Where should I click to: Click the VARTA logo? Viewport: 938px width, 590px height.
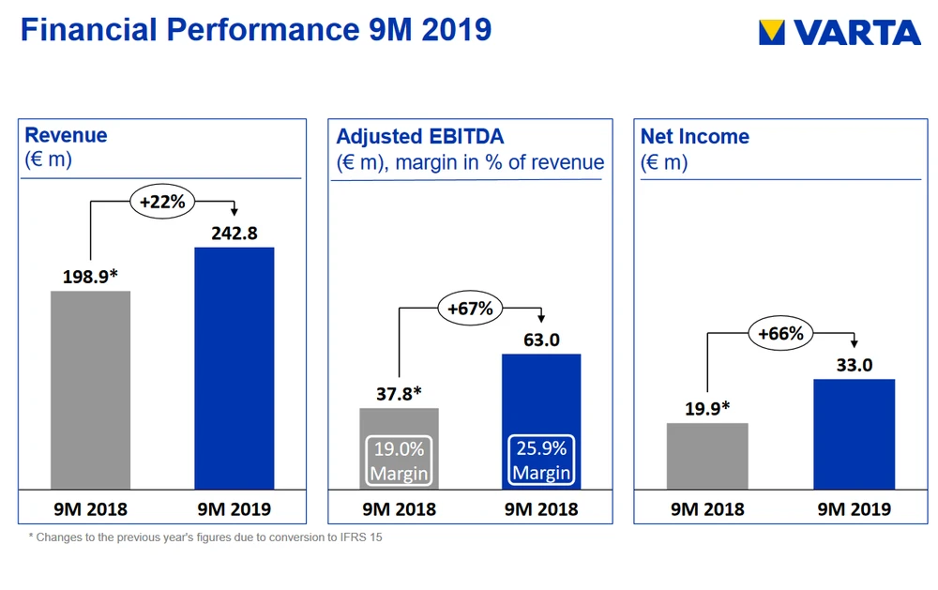tap(840, 33)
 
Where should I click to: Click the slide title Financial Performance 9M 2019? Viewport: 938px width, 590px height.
tap(255, 29)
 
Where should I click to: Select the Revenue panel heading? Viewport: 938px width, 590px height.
tap(66, 135)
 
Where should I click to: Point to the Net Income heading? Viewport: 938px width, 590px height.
tap(694, 137)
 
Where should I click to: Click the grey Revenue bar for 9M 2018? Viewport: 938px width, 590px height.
tap(90, 389)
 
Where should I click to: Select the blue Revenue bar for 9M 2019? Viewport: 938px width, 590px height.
tap(234, 368)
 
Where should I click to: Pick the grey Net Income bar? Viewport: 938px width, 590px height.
tap(707, 456)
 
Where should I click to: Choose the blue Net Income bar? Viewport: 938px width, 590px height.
tap(854, 433)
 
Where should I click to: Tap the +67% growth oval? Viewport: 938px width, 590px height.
tap(471, 308)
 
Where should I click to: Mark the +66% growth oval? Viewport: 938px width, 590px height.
tap(780, 332)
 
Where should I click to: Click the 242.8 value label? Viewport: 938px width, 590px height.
tap(234, 234)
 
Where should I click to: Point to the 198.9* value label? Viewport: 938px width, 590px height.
tap(90, 277)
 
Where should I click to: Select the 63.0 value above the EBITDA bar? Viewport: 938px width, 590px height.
tap(541, 340)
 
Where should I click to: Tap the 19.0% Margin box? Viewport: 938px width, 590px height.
tap(400, 461)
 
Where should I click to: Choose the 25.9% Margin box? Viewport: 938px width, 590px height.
tap(541, 460)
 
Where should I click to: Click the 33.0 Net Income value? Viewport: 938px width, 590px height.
tap(854, 365)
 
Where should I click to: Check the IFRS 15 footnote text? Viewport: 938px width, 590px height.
tap(204, 538)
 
